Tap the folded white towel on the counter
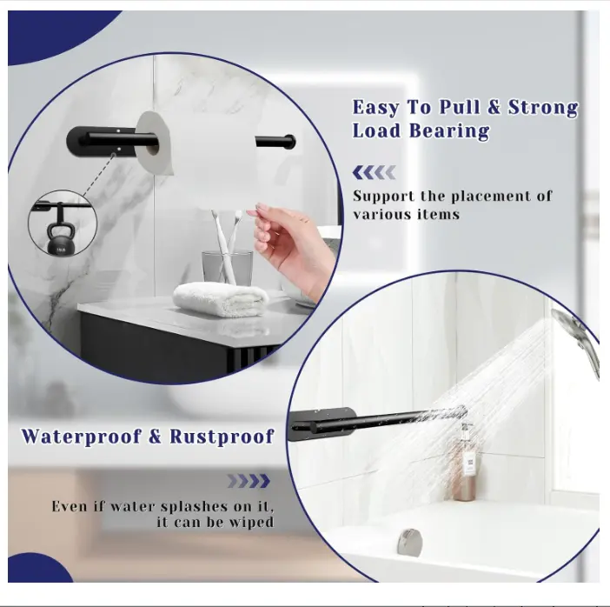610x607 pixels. pyautogui.click(x=221, y=298)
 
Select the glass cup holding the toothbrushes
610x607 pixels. pyautogui.click(x=227, y=267)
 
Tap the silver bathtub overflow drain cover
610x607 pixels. pyautogui.click(x=409, y=542)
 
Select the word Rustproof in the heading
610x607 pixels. pyautogui.click(x=222, y=437)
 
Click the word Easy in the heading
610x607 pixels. pyautogui.click(x=375, y=108)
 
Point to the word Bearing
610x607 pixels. pyautogui.click(x=448, y=131)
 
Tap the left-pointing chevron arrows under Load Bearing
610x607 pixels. pyautogui.click(x=374, y=172)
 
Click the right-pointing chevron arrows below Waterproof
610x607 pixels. pyautogui.click(x=249, y=481)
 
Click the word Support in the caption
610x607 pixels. pyautogui.click(x=383, y=197)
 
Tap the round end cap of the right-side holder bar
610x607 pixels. pyautogui.click(x=290, y=142)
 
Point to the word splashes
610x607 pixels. pyautogui.click(x=194, y=507)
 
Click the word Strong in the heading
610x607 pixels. pyautogui.click(x=543, y=107)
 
